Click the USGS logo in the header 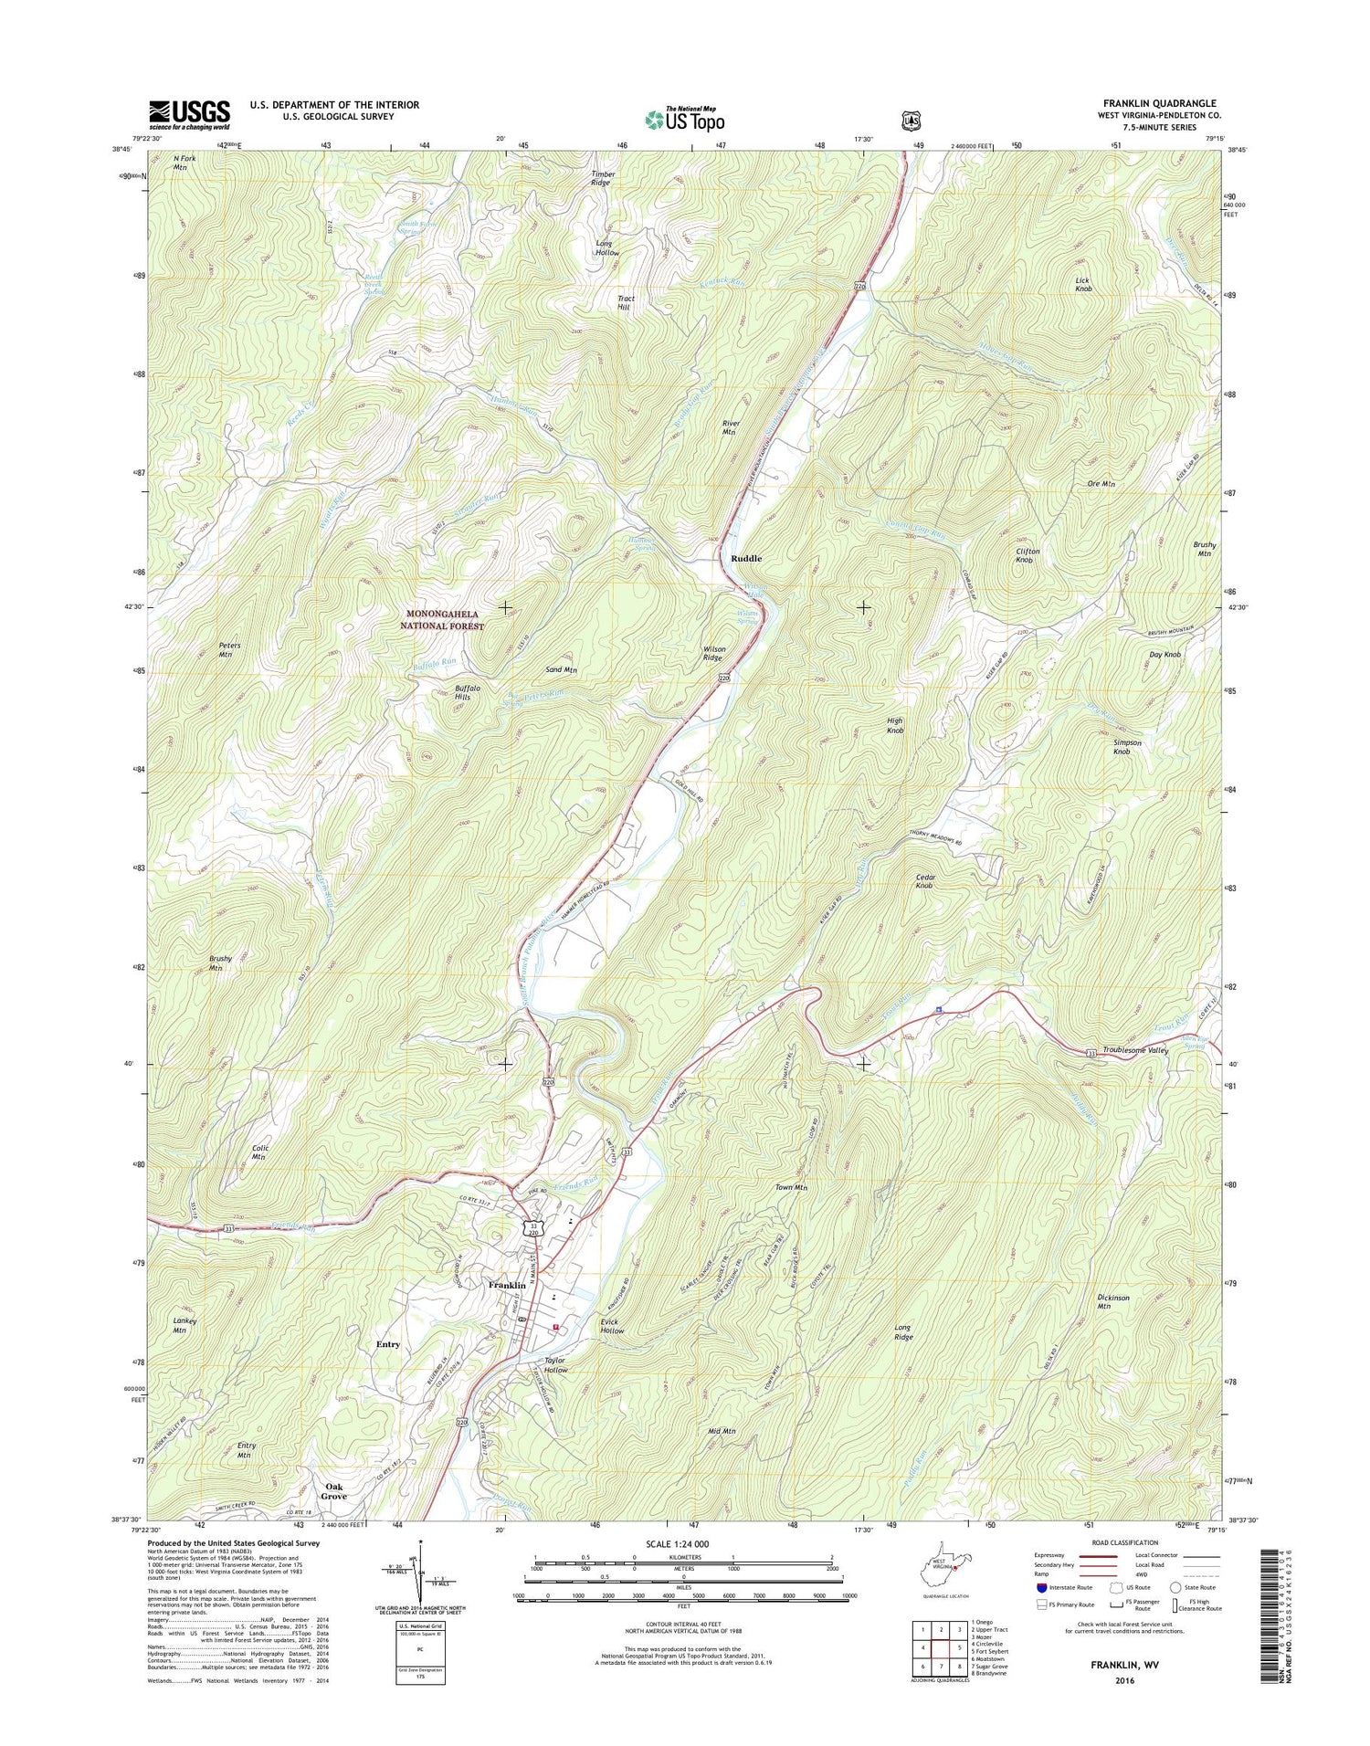click(x=189, y=111)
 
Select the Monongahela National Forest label click(x=441, y=620)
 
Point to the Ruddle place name click(x=745, y=558)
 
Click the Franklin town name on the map click(x=507, y=1285)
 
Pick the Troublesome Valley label click(x=1135, y=1051)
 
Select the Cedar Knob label click(x=925, y=881)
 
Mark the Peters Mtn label click(x=226, y=649)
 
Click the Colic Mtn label click(x=258, y=1152)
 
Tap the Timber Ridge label click(x=601, y=178)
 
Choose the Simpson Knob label click(x=1127, y=747)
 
